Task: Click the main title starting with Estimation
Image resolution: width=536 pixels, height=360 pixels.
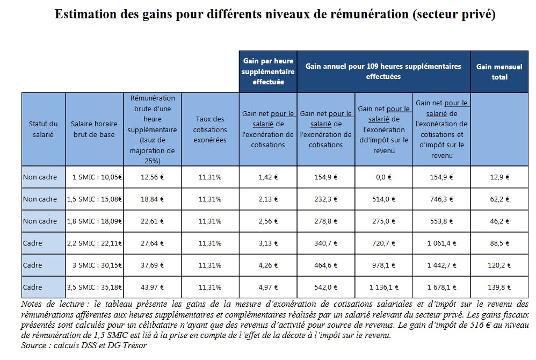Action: click(274, 15)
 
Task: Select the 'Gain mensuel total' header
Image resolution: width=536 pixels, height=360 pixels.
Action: click(499, 71)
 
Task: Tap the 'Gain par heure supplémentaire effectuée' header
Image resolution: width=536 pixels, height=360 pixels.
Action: click(268, 71)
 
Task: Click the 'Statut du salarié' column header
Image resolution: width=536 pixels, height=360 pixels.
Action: click(43, 129)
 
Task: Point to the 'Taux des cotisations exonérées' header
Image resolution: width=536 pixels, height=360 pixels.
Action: click(210, 129)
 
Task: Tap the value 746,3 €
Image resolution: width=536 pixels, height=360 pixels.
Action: click(441, 199)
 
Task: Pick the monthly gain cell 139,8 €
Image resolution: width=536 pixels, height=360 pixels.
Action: click(499, 287)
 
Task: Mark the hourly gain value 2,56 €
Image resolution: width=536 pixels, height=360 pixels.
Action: click(268, 221)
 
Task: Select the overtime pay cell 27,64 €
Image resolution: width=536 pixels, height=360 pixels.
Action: click(152, 243)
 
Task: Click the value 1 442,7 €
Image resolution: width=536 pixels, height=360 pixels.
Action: click(441, 265)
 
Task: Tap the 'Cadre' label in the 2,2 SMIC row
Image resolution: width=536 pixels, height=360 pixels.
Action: click(33, 243)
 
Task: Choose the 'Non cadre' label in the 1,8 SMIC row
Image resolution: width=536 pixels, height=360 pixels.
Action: click(40, 221)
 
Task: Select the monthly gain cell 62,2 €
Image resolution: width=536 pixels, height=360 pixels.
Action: click(499, 199)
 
